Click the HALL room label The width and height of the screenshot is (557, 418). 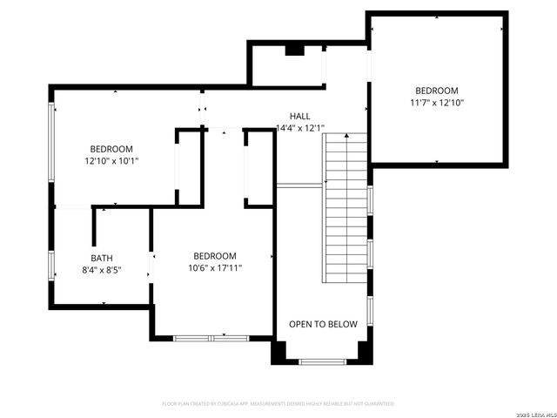click(299, 116)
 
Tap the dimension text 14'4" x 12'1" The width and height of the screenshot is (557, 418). click(299, 128)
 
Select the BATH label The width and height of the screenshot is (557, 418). click(102, 258)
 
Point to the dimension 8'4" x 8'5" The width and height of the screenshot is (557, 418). click(102, 270)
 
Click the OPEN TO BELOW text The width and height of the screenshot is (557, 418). click(323, 324)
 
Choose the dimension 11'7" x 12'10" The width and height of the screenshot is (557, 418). click(437, 103)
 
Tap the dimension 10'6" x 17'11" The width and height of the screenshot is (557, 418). click(215, 268)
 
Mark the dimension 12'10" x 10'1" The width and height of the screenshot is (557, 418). click(111, 161)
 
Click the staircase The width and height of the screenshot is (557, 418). click(346, 209)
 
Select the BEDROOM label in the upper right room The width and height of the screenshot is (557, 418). click(437, 91)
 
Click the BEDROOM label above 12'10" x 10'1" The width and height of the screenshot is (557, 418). click(111, 149)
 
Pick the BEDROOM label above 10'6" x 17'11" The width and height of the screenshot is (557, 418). click(215, 256)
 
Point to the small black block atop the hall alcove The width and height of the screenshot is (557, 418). click(294, 50)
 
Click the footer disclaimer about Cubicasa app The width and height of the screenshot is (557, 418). click(278, 404)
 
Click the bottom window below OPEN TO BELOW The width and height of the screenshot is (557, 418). click(323, 361)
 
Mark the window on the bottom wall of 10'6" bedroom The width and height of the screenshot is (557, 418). click(211, 338)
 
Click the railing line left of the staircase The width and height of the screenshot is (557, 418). click(300, 185)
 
